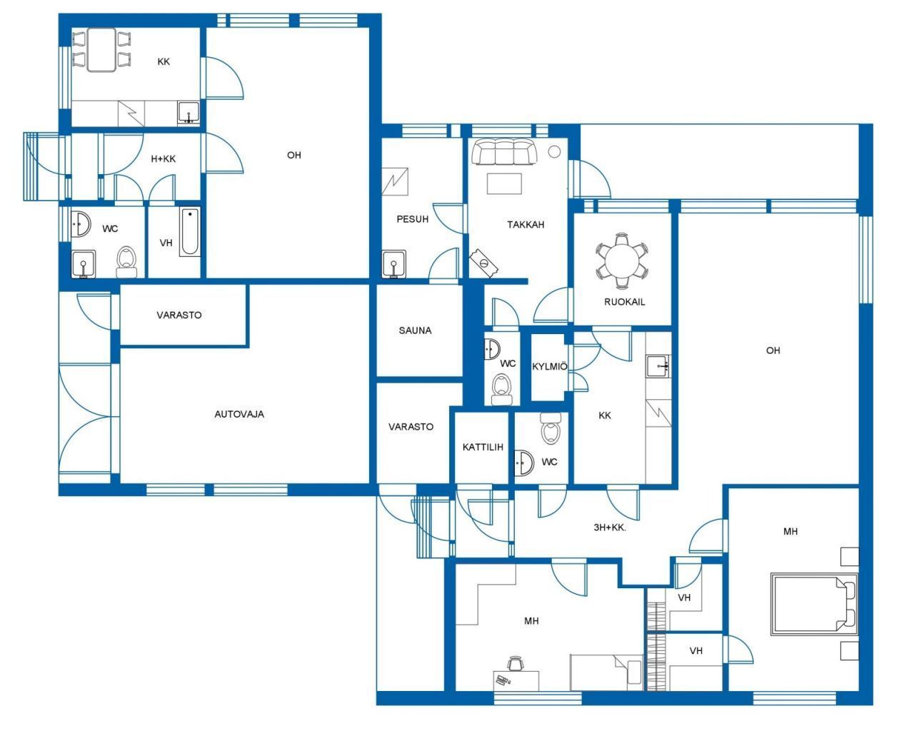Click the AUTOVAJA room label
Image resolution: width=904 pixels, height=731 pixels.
point(239,414)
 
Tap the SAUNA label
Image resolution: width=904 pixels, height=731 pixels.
point(415,330)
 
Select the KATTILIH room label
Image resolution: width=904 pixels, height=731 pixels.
point(483,447)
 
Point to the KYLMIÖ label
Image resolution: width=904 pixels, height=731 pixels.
point(550,366)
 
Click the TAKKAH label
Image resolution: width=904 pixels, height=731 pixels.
point(526,224)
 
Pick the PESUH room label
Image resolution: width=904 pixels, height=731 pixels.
point(412,219)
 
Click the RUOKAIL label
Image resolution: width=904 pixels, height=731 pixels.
point(624,302)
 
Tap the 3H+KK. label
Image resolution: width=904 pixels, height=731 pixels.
point(610,528)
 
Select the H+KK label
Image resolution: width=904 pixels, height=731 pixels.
point(163,158)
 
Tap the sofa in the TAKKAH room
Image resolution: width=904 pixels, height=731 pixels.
point(504,151)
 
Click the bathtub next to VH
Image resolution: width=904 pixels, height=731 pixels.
point(189,231)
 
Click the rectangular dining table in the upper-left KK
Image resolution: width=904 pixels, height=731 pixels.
point(101,50)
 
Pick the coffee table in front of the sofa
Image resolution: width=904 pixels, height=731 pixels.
point(504,183)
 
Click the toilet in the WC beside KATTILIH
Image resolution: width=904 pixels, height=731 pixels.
point(551,428)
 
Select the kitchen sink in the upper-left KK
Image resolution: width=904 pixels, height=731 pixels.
point(188,113)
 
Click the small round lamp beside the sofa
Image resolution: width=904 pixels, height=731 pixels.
point(554,151)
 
